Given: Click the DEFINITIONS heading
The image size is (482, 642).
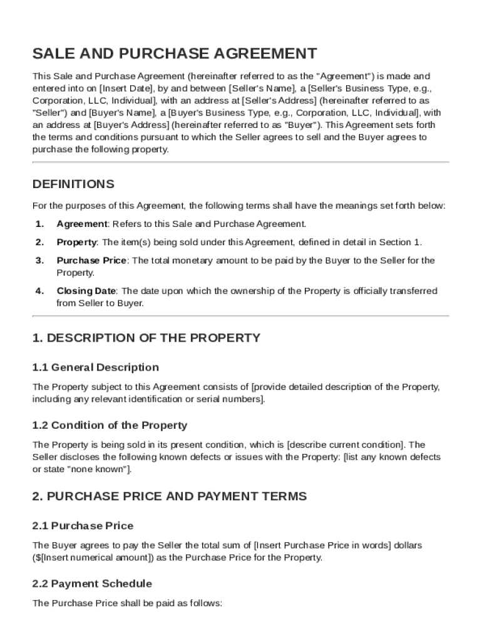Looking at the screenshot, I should (73, 184).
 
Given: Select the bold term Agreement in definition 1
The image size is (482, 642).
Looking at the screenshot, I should (81, 224).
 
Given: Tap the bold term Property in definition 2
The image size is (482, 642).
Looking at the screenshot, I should (76, 242).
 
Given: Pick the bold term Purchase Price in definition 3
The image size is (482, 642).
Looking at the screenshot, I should (91, 260).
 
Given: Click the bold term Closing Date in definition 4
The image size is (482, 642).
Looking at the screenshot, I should (86, 291).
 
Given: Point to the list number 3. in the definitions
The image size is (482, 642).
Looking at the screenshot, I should (39, 260).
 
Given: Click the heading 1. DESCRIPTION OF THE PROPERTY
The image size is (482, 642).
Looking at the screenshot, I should (146, 338).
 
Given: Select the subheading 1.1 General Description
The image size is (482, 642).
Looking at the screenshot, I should (95, 367).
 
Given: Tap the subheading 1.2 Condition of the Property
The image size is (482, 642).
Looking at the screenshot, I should (110, 425).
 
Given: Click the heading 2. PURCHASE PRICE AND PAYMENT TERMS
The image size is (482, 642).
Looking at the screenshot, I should (169, 497).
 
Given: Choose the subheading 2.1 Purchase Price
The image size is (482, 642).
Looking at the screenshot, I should (83, 525).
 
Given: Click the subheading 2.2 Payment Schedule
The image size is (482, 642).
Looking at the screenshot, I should (91, 584).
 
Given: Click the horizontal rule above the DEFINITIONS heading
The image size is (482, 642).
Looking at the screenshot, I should (240, 162).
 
